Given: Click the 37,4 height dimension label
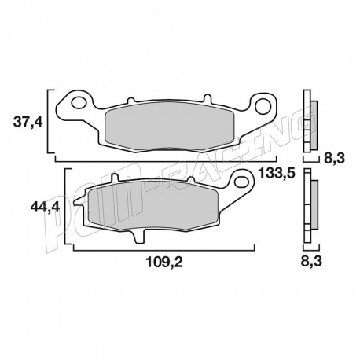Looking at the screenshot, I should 29,123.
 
